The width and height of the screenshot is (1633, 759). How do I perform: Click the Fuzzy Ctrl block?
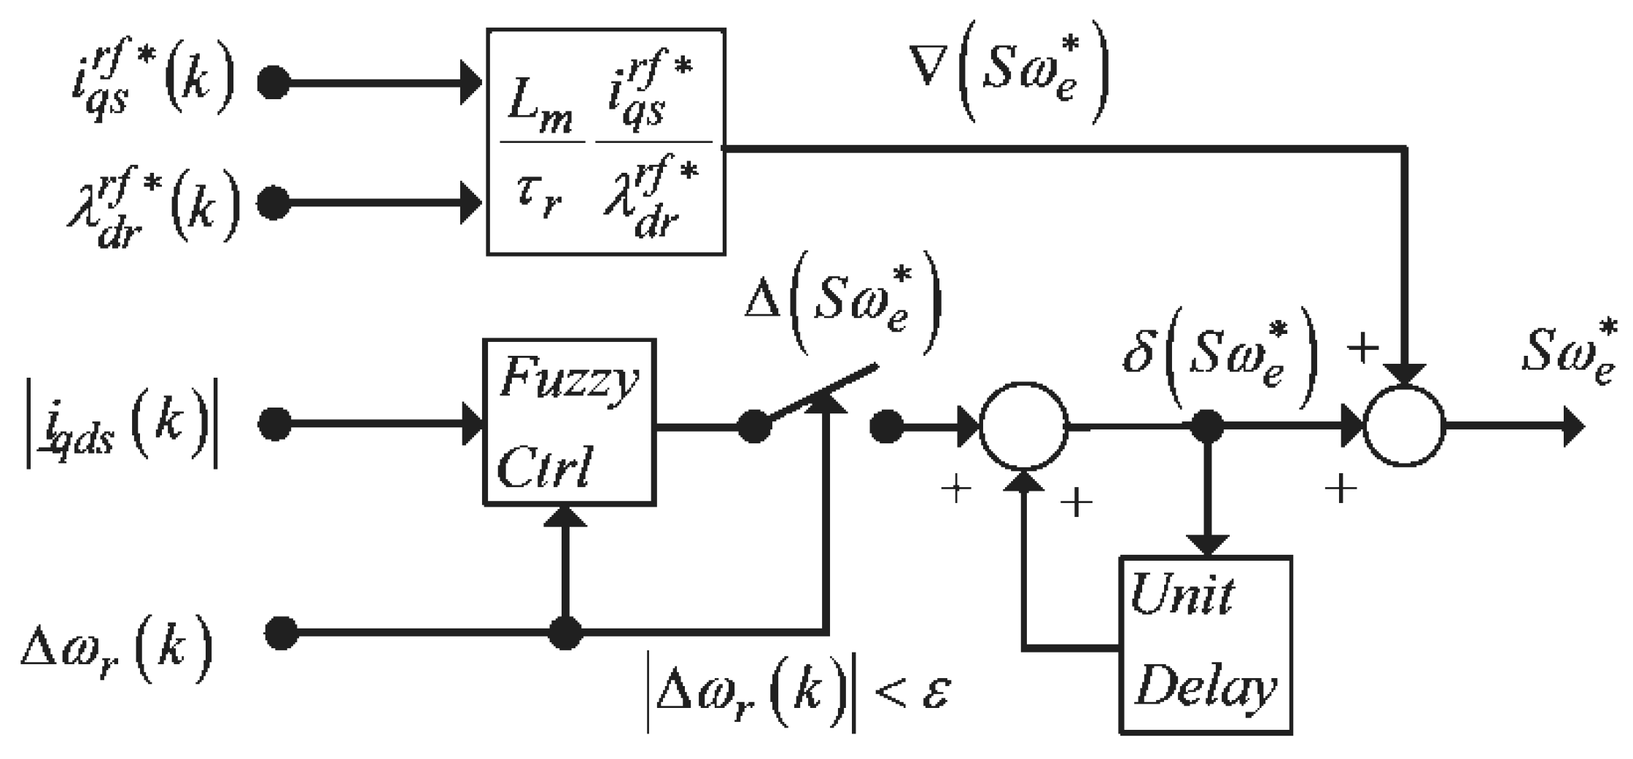tap(569, 422)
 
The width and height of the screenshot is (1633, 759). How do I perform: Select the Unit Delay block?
tap(1206, 645)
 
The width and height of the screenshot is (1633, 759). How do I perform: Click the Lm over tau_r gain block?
tap(605, 142)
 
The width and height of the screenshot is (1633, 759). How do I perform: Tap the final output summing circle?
tap(1404, 426)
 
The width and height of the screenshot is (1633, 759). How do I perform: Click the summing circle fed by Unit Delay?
tap(1023, 426)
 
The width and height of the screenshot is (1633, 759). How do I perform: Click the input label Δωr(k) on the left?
tap(117, 645)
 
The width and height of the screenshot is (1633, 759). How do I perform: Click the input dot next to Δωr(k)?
tap(281, 632)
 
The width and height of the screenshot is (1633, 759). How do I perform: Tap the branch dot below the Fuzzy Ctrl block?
tap(565, 632)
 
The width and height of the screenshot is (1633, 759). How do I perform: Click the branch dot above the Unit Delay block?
tap(1207, 426)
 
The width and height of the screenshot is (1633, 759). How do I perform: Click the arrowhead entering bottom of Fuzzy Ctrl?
tap(565, 516)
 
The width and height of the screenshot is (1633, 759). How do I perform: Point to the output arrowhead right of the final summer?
tap(1574, 426)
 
